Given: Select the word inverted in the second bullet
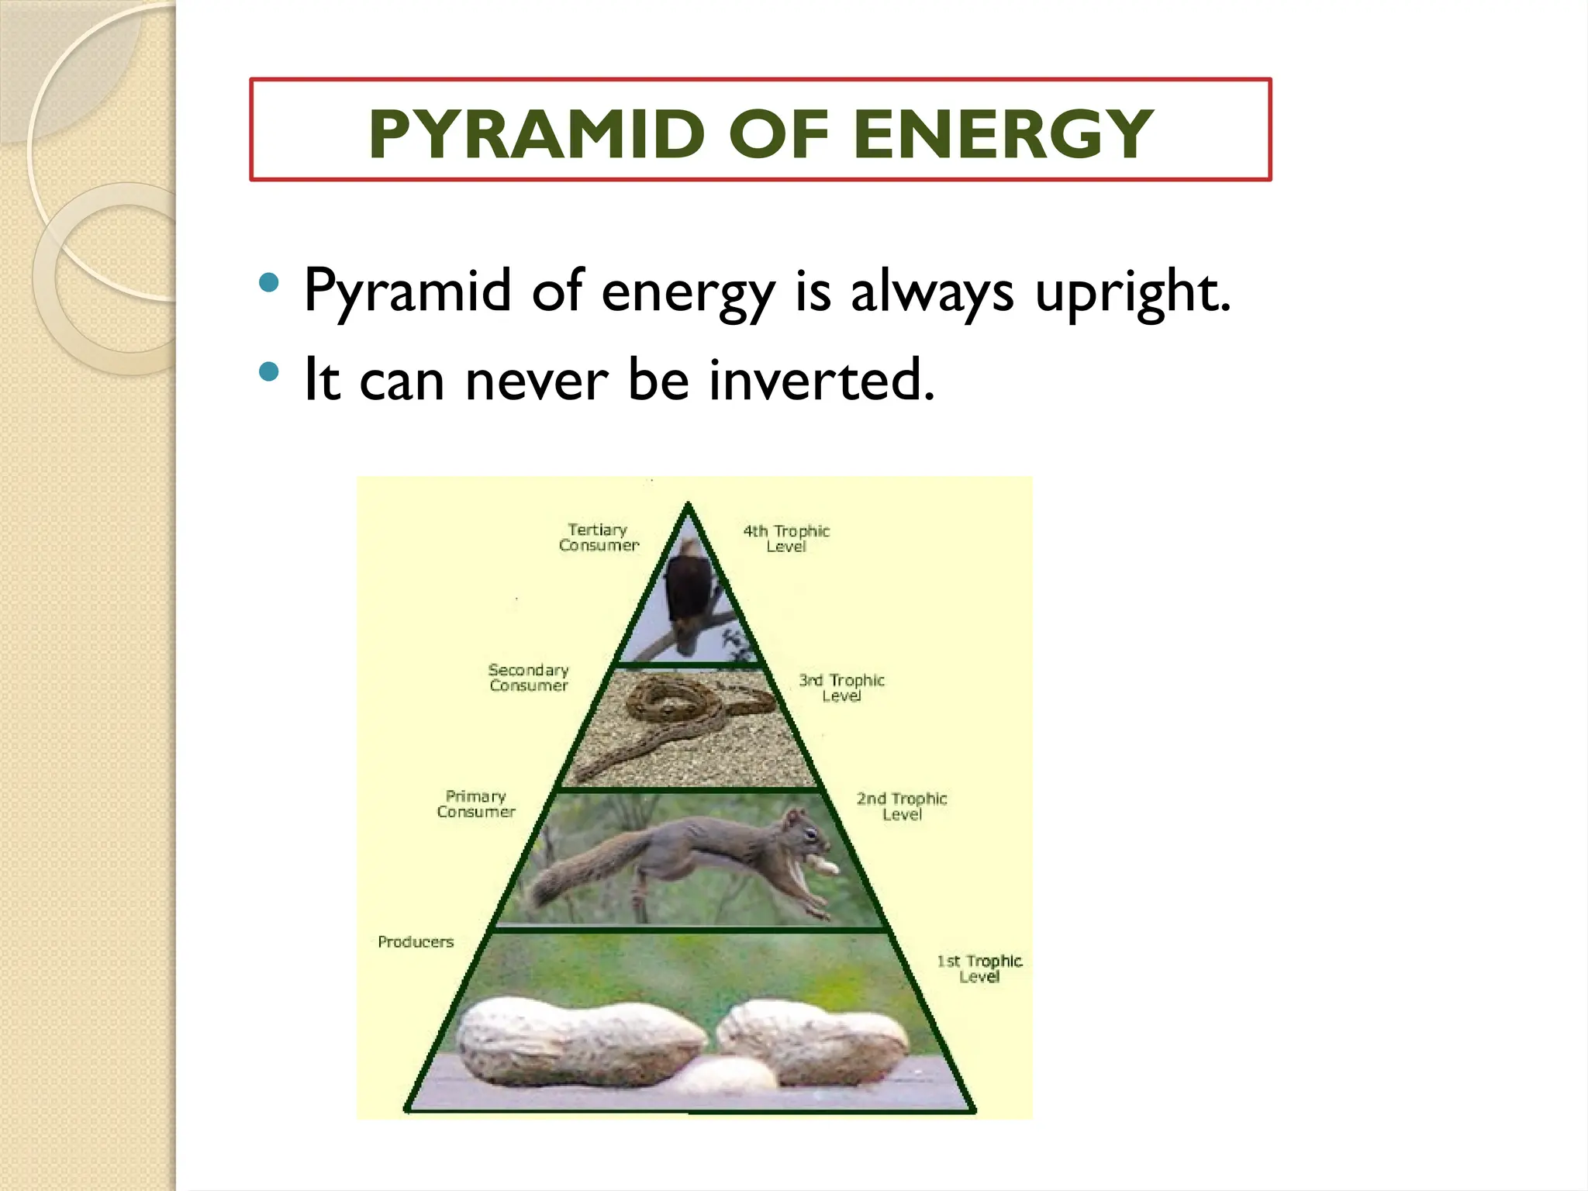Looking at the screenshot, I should point(821,380).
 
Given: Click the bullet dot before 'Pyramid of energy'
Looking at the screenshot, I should point(269,282).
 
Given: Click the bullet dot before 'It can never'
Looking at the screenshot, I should point(269,372).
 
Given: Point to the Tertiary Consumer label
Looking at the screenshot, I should point(599,537).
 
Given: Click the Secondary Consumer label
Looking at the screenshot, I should point(529,678).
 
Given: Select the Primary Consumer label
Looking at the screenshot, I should point(476,804).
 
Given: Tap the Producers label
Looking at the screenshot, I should point(416,942).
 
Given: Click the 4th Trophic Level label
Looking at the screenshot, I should point(786,539).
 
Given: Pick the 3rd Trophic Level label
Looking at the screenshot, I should point(841,688).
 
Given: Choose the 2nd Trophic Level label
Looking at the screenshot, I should point(902,806).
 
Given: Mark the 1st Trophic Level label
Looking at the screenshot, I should point(979,968).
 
